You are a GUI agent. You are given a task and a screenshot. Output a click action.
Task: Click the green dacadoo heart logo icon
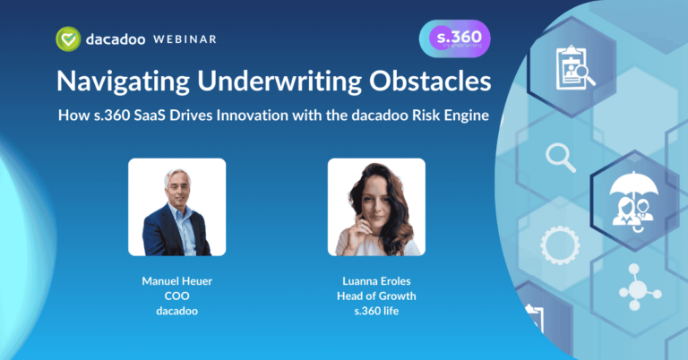[x=68, y=39]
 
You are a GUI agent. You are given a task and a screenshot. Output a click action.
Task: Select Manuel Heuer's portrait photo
[x=176, y=207]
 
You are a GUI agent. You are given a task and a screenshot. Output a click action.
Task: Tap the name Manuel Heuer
[x=176, y=280]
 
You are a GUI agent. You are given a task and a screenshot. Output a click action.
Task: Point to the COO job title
[x=176, y=296]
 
